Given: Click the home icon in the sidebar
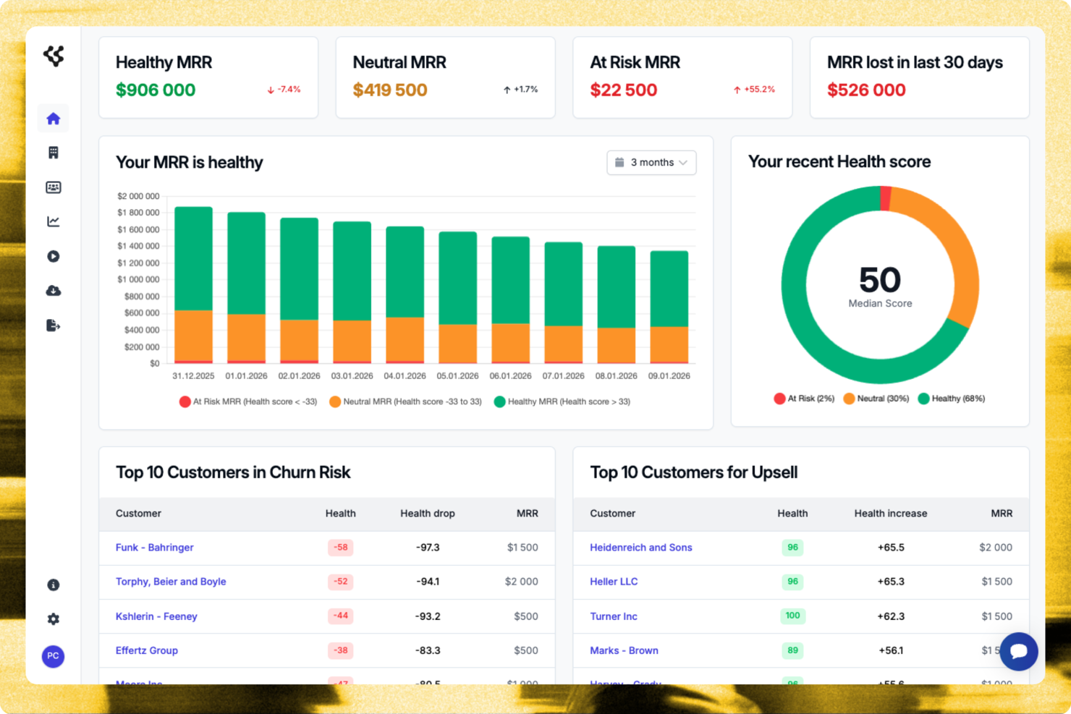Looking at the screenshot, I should [x=53, y=119].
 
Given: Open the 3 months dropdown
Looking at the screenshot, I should [x=651, y=163].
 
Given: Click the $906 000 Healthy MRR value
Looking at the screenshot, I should [x=156, y=90].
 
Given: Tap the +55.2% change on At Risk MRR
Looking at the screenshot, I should [x=754, y=90].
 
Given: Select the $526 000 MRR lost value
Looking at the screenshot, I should [x=866, y=90].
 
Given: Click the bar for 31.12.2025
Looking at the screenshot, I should [x=194, y=285].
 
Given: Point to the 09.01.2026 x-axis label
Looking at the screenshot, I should [x=669, y=376].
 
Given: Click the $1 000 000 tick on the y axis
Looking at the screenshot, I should [x=138, y=280].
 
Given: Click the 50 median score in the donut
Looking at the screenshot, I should [x=880, y=280].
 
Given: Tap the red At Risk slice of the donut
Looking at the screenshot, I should [x=885, y=198].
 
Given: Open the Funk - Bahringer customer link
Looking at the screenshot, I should [x=154, y=548].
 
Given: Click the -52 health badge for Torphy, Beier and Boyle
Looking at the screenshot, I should [x=340, y=582].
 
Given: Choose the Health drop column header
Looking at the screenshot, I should [x=427, y=514].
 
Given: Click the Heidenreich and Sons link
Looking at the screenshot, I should [x=640, y=548].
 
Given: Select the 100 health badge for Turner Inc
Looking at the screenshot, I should [x=792, y=616].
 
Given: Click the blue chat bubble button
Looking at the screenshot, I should [x=1018, y=651].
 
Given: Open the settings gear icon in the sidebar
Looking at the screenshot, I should [x=54, y=619].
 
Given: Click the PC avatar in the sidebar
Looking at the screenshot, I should [x=53, y=656].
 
